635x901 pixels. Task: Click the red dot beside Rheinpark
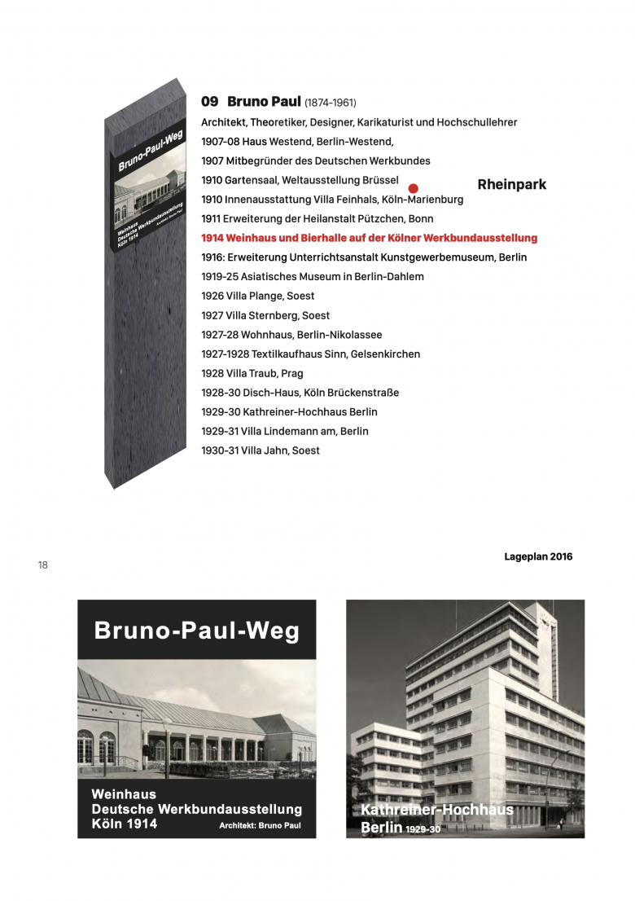tap(413, 188)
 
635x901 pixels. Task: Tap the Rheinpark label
tap(511, 185)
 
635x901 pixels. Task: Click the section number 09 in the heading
tap(210, 102)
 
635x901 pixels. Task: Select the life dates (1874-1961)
tap(330, 103)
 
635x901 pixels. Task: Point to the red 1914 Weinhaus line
tap(369, 238)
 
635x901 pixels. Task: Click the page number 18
tap(42, 565)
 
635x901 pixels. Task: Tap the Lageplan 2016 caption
tap(538, 557)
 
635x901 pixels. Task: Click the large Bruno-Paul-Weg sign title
tap(196, 630)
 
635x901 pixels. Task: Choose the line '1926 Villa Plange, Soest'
tap(257, 296)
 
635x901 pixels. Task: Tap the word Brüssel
tap(379, 180)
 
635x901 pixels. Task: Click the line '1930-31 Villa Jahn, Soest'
tap(261, 450)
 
